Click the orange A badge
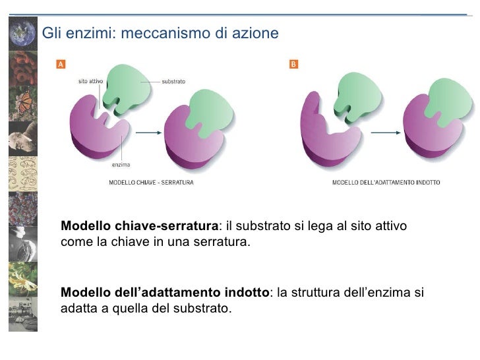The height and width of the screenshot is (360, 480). (x=61, y=64)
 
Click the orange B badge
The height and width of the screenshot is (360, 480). (x=293, y=64)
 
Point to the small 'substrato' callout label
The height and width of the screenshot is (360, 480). (x=173, y=81)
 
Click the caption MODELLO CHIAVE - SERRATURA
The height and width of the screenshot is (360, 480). (x=151, y=182)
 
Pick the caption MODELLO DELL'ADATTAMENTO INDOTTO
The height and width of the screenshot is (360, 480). (x=386, y=182)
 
